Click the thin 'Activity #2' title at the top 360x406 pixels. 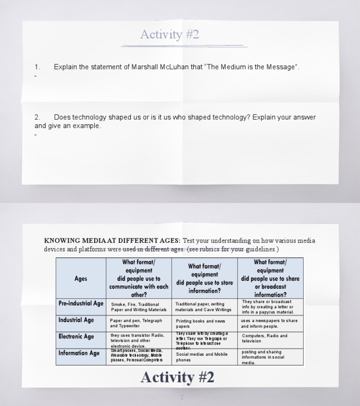(170, 35)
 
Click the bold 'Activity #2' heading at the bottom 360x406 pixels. (177, 377)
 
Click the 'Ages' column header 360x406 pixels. (81, 278)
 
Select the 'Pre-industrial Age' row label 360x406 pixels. (81, 304)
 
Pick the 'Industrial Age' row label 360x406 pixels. (76, 320)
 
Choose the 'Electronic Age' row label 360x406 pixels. (76, 337)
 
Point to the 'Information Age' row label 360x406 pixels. (79, 353)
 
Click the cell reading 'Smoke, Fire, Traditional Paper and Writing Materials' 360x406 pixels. (139, 307)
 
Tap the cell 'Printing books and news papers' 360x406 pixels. (201, 323)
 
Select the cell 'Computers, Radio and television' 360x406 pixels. (265, 338)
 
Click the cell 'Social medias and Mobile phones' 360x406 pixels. (202, 357)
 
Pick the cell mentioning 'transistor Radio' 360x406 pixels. (138, 340)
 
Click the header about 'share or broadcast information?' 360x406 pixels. (270, 278)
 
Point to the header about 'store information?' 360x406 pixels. (204, 278)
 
